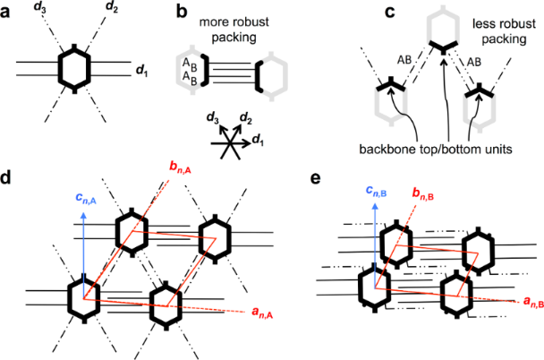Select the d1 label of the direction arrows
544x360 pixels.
tap(261, 140)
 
